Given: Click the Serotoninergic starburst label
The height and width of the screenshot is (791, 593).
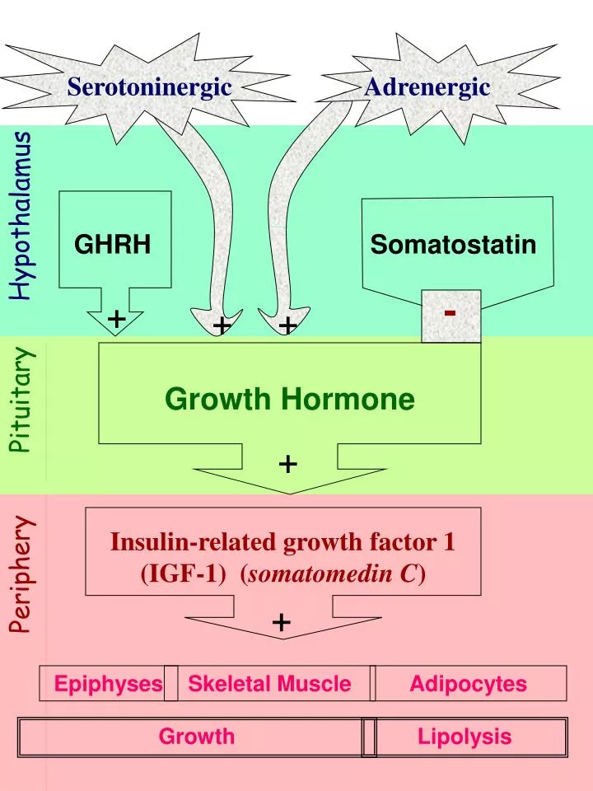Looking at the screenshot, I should pyautogui.click(x=149, y=87).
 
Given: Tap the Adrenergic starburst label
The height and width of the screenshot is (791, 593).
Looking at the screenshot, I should pyautogui.click(x=427, y=87).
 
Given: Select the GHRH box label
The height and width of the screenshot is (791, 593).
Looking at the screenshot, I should pyautogui.click(x=113, y=244).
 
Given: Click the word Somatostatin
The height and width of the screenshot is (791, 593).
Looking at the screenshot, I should pyautogui.click(x=453, y=245).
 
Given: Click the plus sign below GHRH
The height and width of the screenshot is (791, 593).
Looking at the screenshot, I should pyautogui.click(x=117, y=318).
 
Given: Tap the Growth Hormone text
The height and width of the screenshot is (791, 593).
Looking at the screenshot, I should pyautogui.click(x=289, y=400).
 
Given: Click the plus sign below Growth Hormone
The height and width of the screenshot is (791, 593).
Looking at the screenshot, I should pyautogui.click(x=287, y=465).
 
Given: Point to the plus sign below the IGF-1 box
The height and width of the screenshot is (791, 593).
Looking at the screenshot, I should pyautogui.click(x=282, y=622).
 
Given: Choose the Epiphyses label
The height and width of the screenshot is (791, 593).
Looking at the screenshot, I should pyautogui.click(x=108, y=684).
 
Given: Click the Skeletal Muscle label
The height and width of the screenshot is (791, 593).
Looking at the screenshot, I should pyautogui.click(x=269, y=684).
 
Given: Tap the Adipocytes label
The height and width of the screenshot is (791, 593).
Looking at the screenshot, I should pyautogui.click(x=468, y=684).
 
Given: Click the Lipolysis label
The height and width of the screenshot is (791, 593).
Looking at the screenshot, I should pyautogui.click(x=465, y=737).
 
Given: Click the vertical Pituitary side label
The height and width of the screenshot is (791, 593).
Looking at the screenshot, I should pyautogui.click(x=22, y=400).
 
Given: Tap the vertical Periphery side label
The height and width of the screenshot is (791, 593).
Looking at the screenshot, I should pyautogui.click(x=22, y=573).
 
